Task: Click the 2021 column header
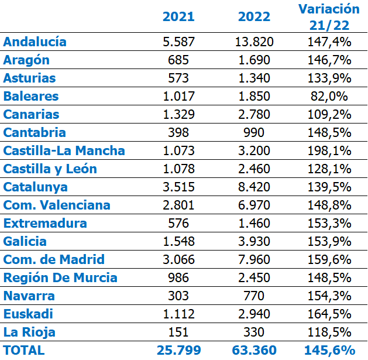178,16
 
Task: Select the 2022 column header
254,16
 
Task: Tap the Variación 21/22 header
329,16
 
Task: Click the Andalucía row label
35,42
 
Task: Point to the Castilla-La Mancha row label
64,150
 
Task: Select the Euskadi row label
28,314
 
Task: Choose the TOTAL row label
23,350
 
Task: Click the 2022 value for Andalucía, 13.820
254,42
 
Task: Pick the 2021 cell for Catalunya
178,187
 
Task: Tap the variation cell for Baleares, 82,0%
329,96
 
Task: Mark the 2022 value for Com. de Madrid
254,259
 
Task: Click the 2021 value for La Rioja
178,332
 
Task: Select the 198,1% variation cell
329,150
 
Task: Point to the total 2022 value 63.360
254,350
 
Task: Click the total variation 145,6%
329,350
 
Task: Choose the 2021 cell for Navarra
178,296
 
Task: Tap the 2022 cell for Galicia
254,241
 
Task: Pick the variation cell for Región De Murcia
329,277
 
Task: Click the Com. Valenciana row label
57,205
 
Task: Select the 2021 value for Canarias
178,114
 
